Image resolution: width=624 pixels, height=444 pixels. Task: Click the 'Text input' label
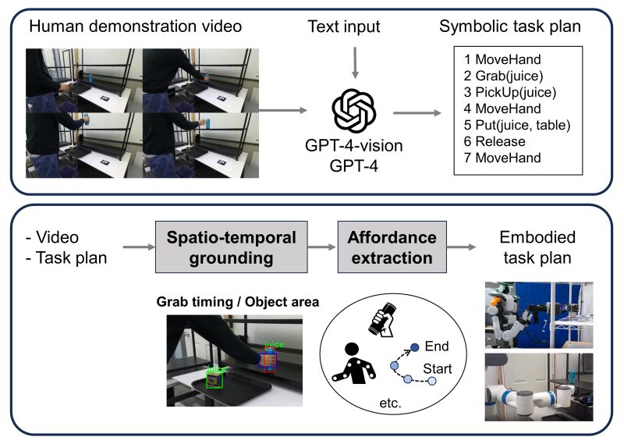coord(344,27)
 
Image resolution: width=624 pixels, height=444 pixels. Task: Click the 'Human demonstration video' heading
coord(135,27)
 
